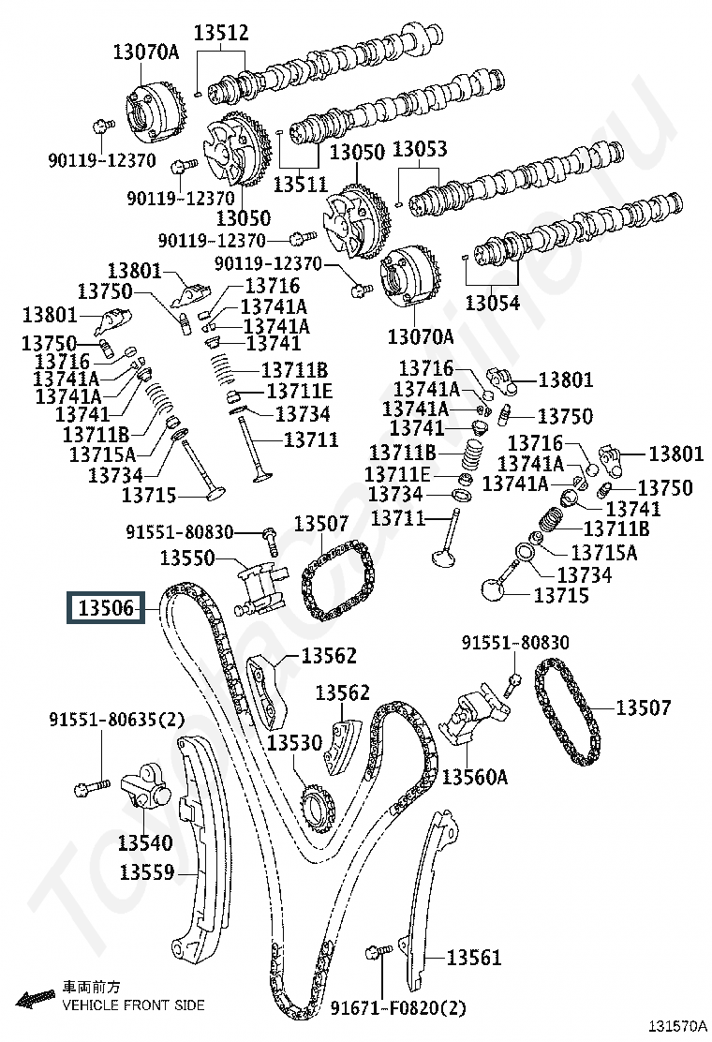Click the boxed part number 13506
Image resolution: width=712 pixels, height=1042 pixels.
point(106,608)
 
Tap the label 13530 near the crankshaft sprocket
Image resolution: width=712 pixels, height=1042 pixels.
point(294,742)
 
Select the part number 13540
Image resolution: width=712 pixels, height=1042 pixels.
point(145,842)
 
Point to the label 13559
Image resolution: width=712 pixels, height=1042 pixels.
point(147,871)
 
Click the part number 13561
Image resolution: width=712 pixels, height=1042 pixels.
point(473,957)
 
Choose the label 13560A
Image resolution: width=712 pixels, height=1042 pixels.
point(474,776)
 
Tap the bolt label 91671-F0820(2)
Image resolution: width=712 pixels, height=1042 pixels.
point(398,1008)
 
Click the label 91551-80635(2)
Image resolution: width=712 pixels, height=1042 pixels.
point(116,719)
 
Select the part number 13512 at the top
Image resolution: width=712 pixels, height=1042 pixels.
point(221,32)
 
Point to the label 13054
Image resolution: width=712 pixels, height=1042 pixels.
point(492,303)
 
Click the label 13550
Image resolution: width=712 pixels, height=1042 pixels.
point(187,558)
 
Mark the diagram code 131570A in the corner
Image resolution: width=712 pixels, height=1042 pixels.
point(677,1029)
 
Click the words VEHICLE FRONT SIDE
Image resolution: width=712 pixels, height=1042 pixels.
point(133,1005)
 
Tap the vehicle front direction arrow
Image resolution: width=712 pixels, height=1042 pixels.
point(36,997)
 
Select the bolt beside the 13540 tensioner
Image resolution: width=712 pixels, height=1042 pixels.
point(92,787)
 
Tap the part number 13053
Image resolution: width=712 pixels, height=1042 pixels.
point(420,149)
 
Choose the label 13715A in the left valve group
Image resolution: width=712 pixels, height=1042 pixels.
point(102,454)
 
